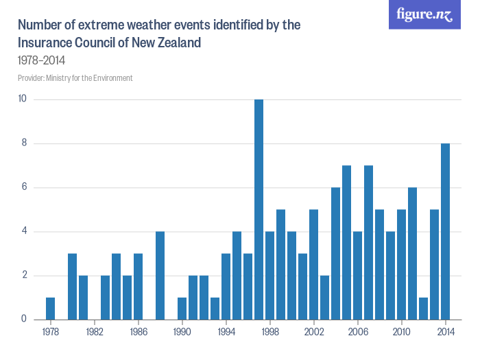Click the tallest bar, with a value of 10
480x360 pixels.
click(x=259, y=209)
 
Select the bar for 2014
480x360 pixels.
click(x=445, y=231)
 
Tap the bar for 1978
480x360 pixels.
click(x=50, y=308)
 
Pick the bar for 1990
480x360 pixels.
click(x=182, y=308)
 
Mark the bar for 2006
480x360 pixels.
click(x=357, y=275)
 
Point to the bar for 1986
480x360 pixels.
click(x=138, y=286)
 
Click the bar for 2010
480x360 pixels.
click(x=401, y=264)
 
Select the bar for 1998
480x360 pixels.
click(x=269, y=275)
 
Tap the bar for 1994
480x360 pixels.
click(x=226, y=286)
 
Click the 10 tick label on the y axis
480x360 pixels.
click(x=22, y=99)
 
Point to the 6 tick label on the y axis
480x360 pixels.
click(x=23, y=187)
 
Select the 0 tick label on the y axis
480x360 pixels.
click(x=23, y=319)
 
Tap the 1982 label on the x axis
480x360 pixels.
click(x=95, y=332)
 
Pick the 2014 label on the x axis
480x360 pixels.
click(x=445, y=332)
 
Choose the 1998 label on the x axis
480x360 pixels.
click(x=269, y=332)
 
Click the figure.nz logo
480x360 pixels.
click(x=424, y=15)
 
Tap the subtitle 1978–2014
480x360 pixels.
click(x=41, y=60)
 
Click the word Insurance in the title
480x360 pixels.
click(x=45, y=43)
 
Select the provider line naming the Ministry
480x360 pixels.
click(x=75, y=78)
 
